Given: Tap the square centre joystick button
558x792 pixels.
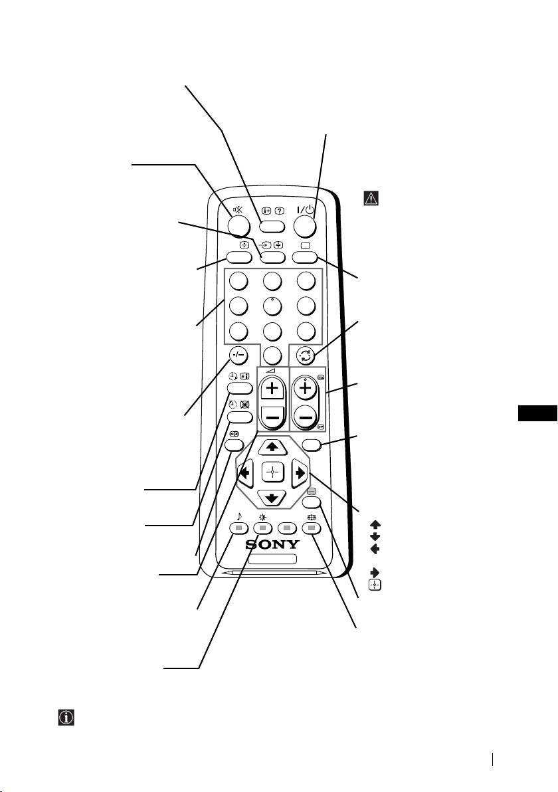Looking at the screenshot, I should (x=273, y=473).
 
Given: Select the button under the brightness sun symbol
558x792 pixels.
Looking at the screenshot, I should (x=263, y=528).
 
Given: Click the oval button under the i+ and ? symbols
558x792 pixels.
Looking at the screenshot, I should (x=272, y=225).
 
